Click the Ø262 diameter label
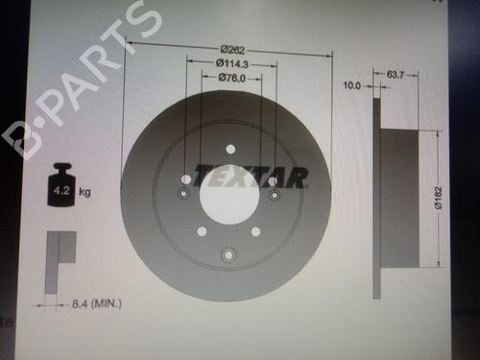pos(232,50)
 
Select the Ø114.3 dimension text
pos(232,63)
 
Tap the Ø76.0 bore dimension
pos(232,78)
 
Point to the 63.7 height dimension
pos(396,75)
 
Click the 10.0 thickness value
pos(351,85)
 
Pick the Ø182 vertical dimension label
pos(439,198)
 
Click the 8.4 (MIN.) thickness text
pos(97,303)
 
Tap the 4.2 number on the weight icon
pos(61,191)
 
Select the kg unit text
pos(84,192)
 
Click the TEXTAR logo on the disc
pos(251,177)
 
